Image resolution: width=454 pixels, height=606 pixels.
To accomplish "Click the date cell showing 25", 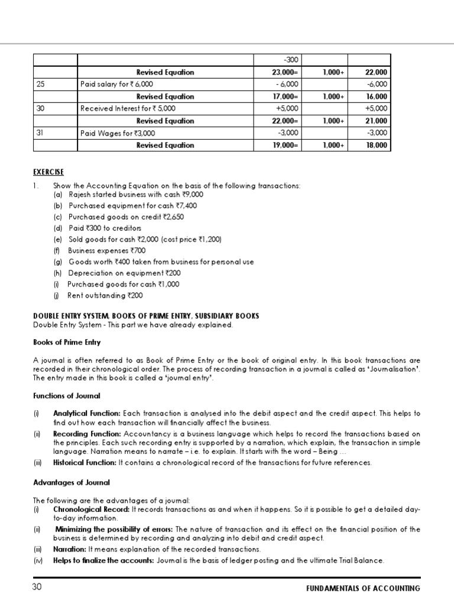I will pos(41,84).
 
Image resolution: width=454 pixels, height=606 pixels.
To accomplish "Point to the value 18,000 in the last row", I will pos(377,145).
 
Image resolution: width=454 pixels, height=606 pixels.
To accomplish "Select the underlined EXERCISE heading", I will pos(48,172).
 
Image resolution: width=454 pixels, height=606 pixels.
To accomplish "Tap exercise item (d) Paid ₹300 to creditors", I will pos(97,228).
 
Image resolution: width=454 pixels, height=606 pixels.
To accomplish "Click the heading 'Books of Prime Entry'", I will pos(67,342).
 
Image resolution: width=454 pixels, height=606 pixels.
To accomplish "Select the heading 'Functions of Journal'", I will pos(67,395).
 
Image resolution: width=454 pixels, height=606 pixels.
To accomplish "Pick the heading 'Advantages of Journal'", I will pos(72,483).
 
